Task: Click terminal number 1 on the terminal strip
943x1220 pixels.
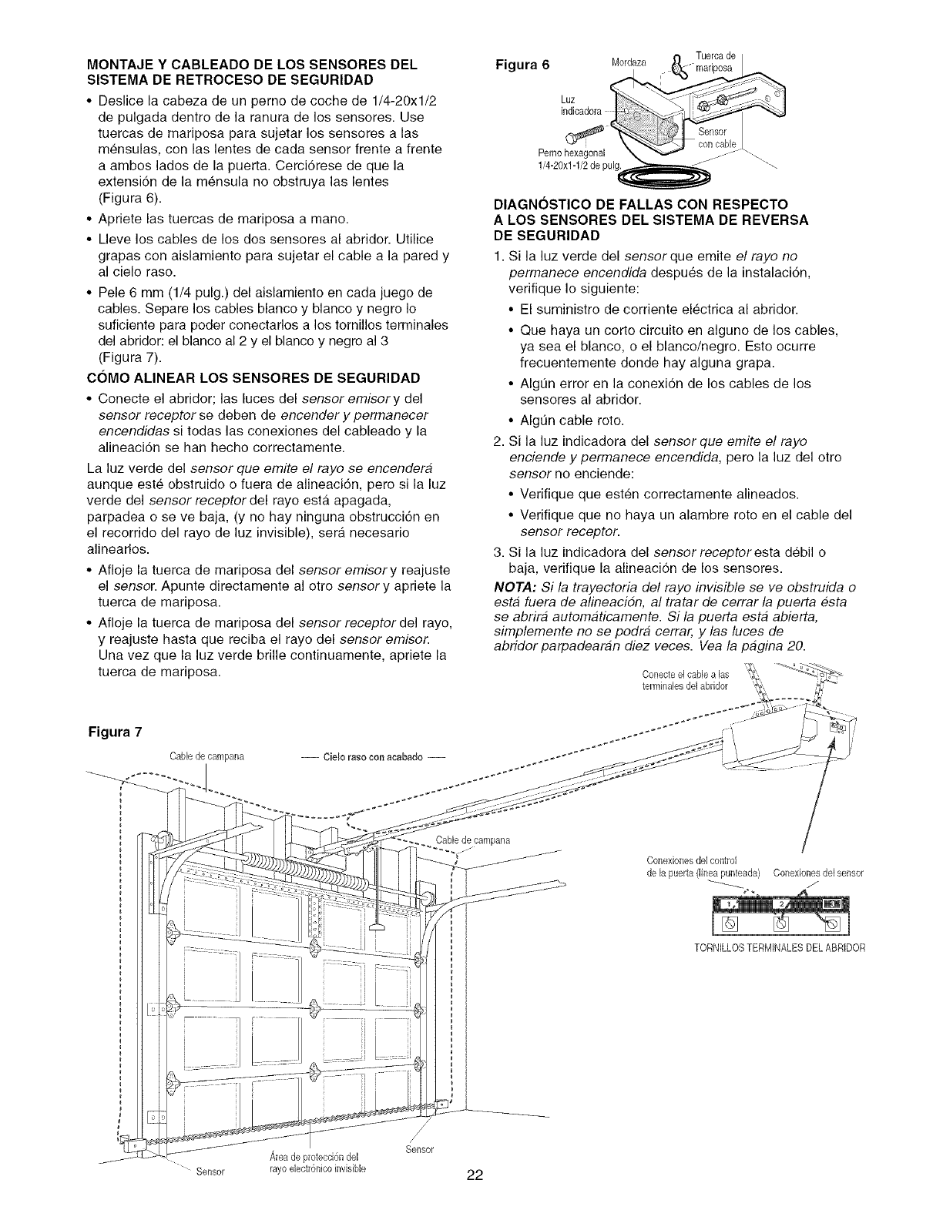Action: click(728, 903)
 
